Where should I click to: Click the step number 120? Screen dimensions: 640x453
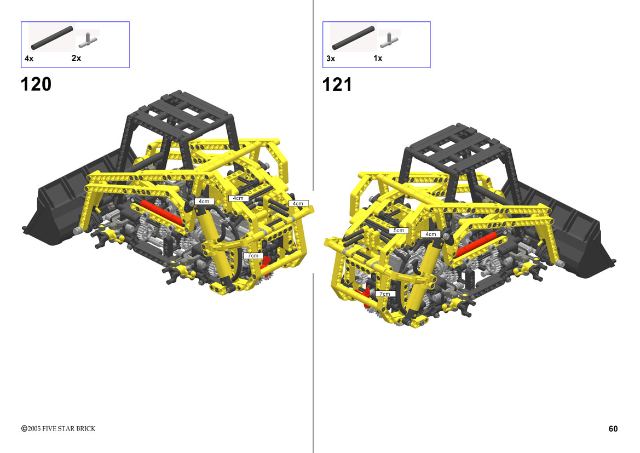tap(36, 84)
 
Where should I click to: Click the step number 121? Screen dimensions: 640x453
tap(337, 84)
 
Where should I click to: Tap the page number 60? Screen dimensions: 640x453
tap(613, 428)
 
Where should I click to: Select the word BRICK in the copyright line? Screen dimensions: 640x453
tap(86, 428)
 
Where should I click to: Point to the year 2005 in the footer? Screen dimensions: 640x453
tap(34, 428)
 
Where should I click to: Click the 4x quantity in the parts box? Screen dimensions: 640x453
tap(29, 59)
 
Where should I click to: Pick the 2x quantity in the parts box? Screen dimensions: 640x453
tap(76, 58)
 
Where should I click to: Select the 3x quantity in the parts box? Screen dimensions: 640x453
tap(331, 59)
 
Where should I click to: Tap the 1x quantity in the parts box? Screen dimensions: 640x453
tap(378, 58)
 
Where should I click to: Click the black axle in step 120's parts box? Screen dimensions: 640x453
tap(52, 38)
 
